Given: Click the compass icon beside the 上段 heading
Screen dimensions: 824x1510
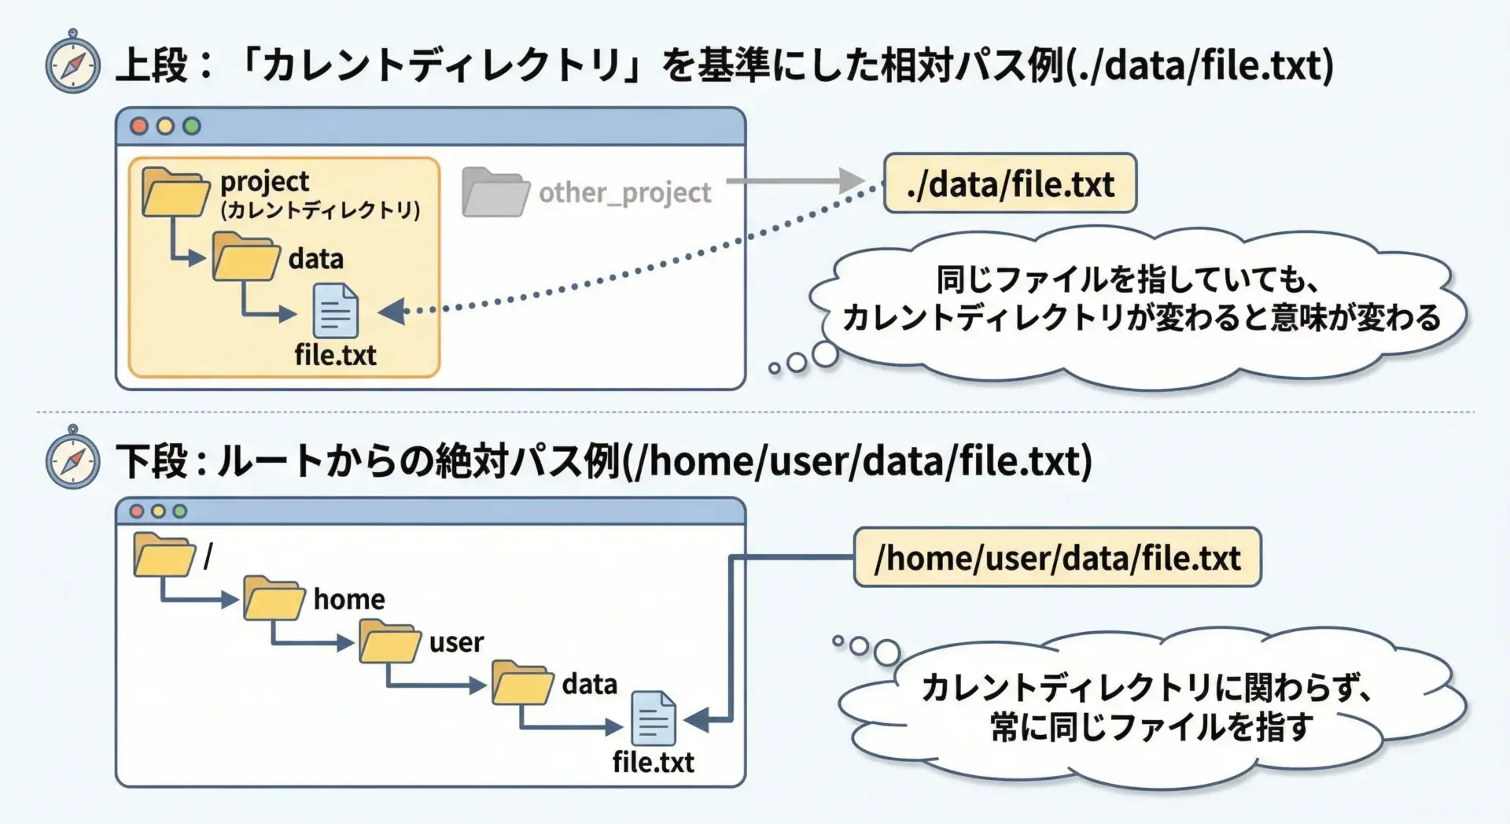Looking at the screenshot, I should tap(72, 62).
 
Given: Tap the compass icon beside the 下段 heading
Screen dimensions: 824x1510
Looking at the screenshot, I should tap(72, 458).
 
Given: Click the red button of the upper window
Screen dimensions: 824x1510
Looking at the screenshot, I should tap(139, 126).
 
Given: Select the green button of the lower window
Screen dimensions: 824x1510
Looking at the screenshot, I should tap(180, 512).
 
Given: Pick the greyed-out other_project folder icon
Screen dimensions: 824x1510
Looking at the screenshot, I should tap(495, 192).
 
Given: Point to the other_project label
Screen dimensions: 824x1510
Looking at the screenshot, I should tap(624, 193).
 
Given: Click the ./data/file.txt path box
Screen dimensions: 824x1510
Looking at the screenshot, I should tap(1010, 184).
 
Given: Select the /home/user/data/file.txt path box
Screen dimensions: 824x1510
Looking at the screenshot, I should tap(1057, 558).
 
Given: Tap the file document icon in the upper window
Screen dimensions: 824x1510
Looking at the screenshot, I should tap(336, 312).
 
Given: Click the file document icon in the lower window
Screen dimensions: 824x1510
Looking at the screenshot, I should tap(654, 719).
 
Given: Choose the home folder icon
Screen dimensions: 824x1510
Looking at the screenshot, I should tap(274, 599).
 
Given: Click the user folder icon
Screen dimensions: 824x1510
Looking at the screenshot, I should tap(390, 641).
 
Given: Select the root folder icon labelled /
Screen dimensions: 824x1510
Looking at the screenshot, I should tap(164, 556).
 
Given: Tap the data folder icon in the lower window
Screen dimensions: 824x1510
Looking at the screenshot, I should tap(523, 682).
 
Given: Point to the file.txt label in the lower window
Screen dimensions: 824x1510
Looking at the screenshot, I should tap(654, 763).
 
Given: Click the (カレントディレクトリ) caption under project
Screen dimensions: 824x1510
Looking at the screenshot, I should tap(320, 210).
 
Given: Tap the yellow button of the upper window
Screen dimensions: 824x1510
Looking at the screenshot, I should tap(165, 126).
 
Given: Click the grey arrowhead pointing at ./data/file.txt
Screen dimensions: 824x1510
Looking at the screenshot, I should tap(853, 181).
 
